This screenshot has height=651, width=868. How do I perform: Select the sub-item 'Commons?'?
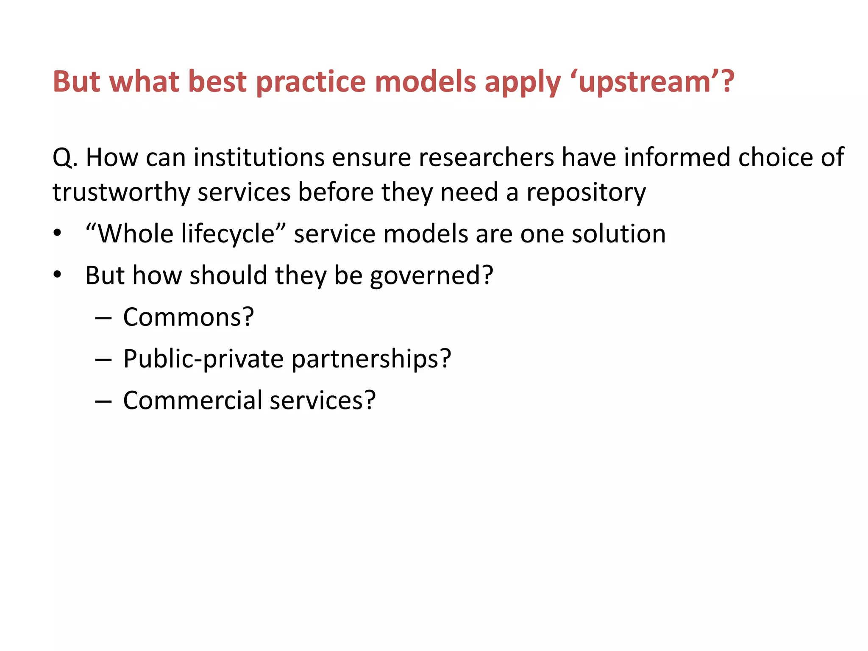click(x=188, y=317)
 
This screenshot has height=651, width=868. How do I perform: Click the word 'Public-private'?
click(x=203, y=359)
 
